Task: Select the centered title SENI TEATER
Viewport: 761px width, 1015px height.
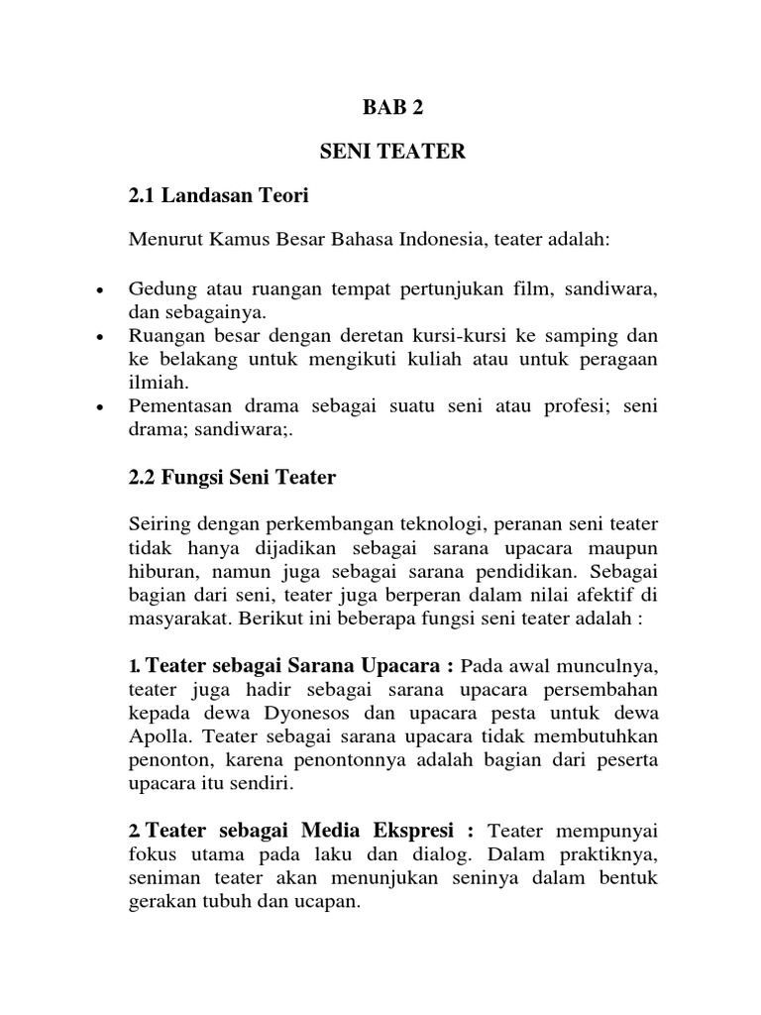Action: (390, 152)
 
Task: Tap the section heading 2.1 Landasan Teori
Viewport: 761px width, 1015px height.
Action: (219, 196)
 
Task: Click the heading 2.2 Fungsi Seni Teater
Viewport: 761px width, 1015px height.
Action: (233, 478)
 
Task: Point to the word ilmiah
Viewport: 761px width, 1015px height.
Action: (155, 382)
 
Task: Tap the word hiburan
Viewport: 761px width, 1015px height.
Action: (162, 571)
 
